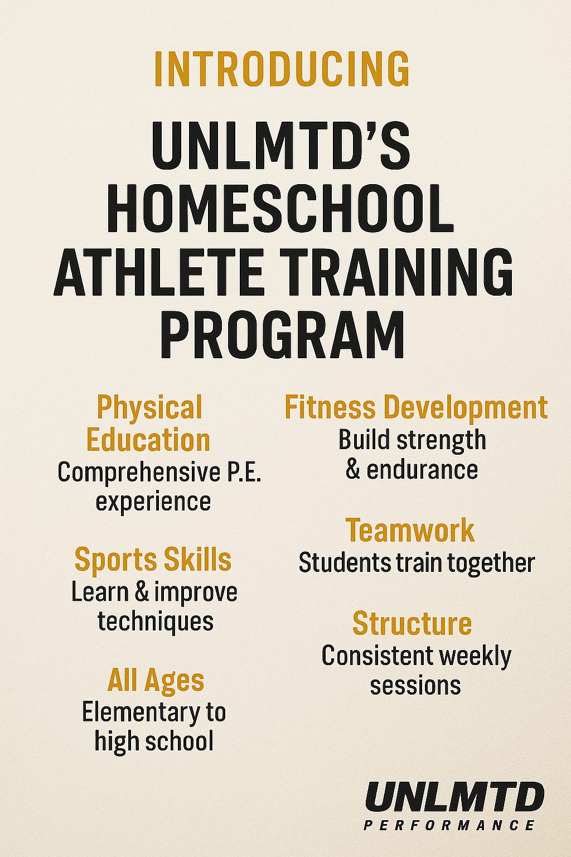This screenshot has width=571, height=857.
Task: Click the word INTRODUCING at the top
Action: (282, 70)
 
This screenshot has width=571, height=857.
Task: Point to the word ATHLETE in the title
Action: (158, 273)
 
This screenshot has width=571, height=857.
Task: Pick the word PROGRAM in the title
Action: (282, 335)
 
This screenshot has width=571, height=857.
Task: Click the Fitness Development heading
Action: (416, 407)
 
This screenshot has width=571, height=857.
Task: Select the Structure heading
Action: (412, 623)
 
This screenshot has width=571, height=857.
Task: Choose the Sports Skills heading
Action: (153, 560)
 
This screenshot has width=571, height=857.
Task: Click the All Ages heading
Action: (156, 681)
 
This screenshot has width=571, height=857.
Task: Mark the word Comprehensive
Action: (139, 473)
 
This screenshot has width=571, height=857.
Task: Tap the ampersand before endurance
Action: (352, 469)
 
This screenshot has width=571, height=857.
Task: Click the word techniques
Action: (156, 622)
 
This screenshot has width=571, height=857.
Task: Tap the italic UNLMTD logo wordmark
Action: (454, 798)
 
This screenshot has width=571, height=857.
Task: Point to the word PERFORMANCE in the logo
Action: (449, 825)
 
